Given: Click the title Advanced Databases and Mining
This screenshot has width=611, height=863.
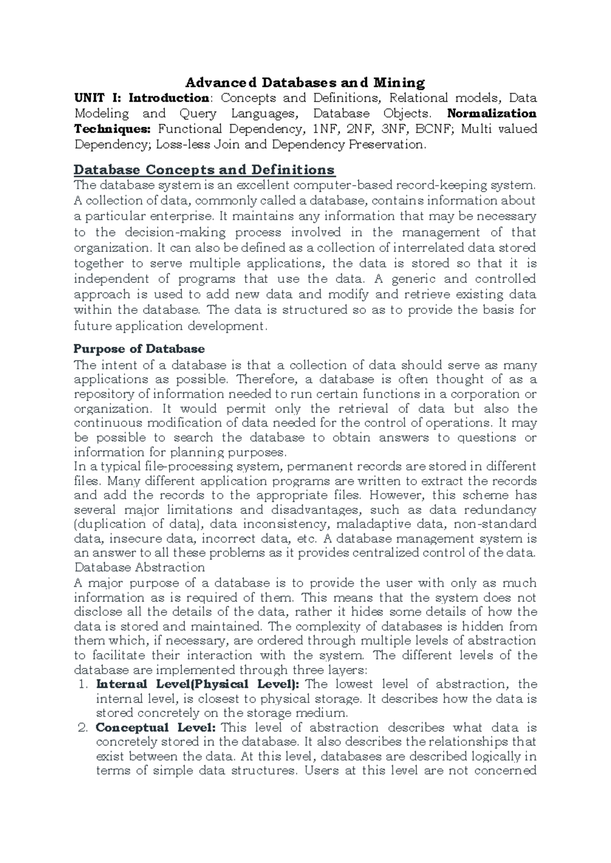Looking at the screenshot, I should (304, 82).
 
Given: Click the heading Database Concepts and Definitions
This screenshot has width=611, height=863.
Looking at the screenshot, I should (204, 169).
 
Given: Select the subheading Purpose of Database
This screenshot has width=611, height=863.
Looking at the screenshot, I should (139, 349).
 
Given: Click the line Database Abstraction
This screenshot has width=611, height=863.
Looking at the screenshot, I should (139, 567).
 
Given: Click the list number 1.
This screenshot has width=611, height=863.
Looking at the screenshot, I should (85, 684).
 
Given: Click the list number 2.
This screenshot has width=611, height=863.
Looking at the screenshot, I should (85, 728).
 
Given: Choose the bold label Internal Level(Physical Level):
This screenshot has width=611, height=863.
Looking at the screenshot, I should (198, 684).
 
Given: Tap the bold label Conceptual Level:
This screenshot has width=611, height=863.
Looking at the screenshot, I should (156, 728).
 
